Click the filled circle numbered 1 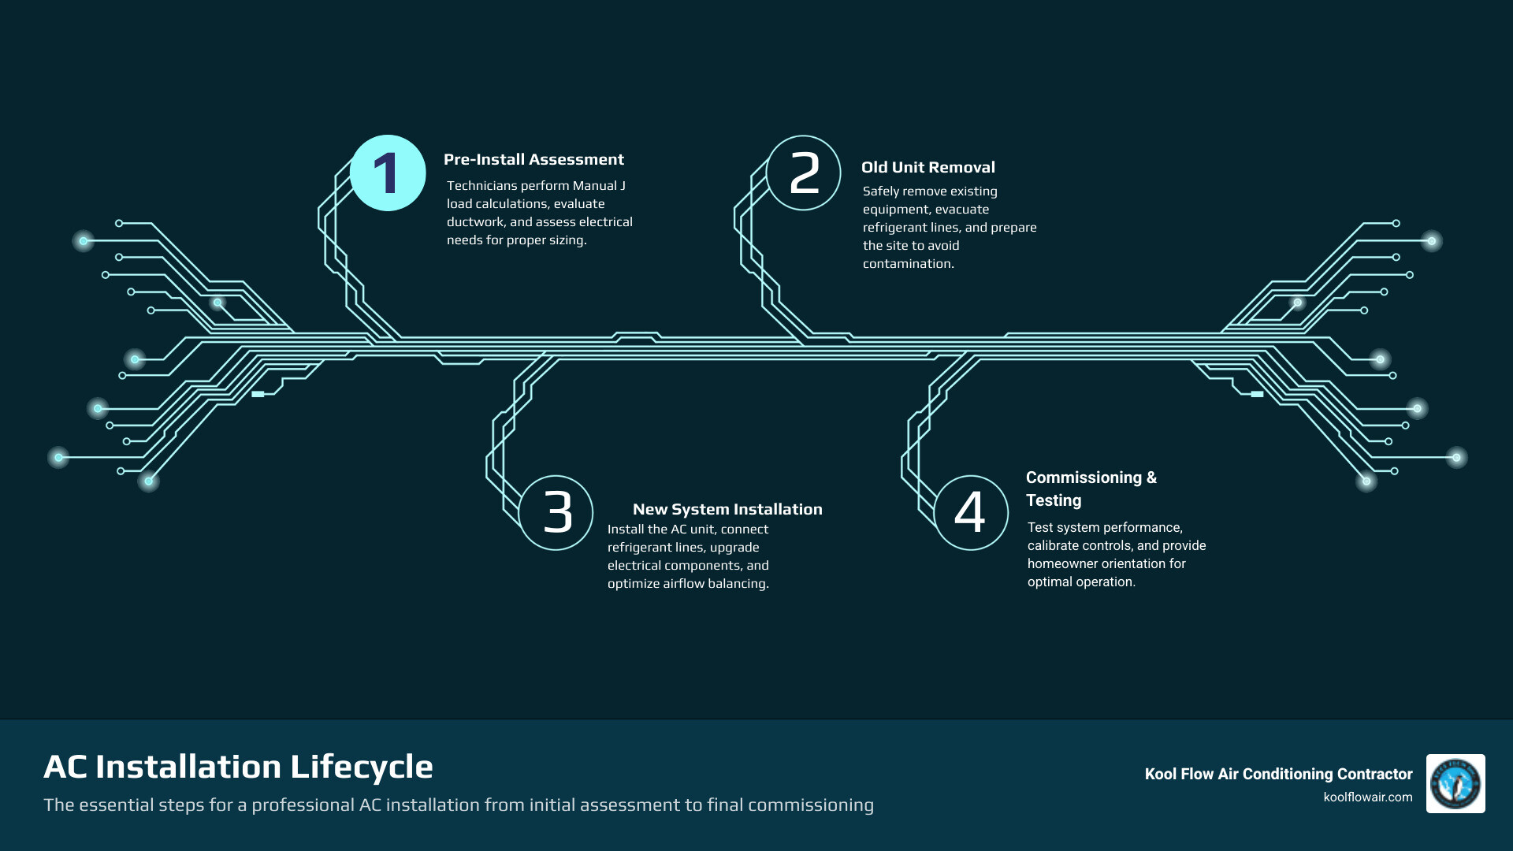coord(388,173)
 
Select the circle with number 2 coord(804,173)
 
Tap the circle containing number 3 coord(556,513)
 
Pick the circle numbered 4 coord(971,513)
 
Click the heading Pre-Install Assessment coord(533,160)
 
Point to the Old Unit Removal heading coord(928,168)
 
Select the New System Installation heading coord(727,510)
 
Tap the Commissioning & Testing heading coord(1091,489)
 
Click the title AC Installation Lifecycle coord(238,767)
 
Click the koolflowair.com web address coord(1367,797)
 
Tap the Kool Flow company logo coord(1455,783)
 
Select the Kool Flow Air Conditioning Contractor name coord(1278,775)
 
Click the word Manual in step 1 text coord(595,186)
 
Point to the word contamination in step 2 coord(907,264)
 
